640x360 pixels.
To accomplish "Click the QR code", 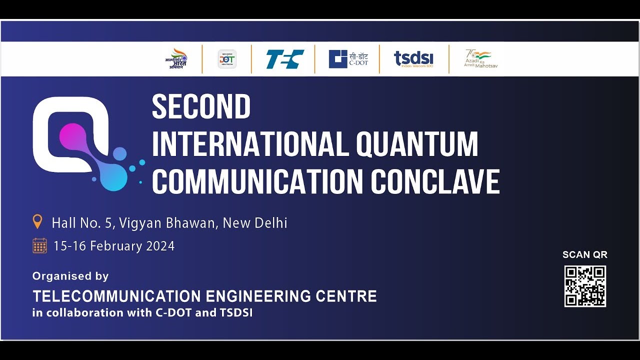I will point(585,286).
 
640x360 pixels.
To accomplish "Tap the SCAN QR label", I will point(584,254).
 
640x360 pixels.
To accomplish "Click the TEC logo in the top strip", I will point(284,59).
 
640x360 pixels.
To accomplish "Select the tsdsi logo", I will point(413,59).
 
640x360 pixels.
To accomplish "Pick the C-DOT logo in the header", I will point(348,59).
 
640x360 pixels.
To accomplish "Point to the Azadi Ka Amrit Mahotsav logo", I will point(480,59).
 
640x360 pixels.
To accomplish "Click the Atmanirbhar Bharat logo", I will point(176,59).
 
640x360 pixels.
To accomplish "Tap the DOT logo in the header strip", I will point(227,59).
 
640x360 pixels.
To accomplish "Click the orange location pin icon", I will point(37,221).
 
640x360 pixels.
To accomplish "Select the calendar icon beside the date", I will point(39,245).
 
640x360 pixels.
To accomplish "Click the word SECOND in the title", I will point(201,106).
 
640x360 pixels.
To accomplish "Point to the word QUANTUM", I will point(417,144).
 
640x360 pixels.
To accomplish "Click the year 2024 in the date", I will point(160,246).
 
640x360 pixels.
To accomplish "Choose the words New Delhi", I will point(255,222).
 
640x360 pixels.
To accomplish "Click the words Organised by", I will point(70,276).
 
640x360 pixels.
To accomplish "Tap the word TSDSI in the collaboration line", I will point(236,313).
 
